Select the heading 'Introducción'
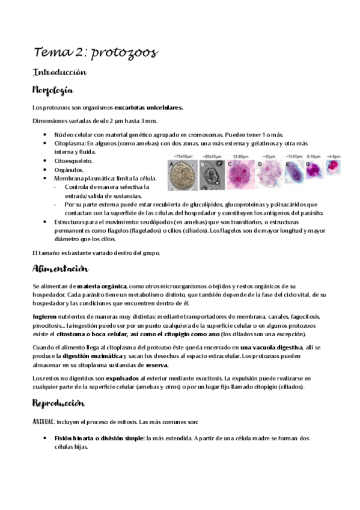coord(59,72)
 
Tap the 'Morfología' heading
coord(53,91)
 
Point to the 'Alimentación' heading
coord(61,268)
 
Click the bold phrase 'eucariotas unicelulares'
coord(148,108)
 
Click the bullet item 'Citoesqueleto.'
coord(74,161)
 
